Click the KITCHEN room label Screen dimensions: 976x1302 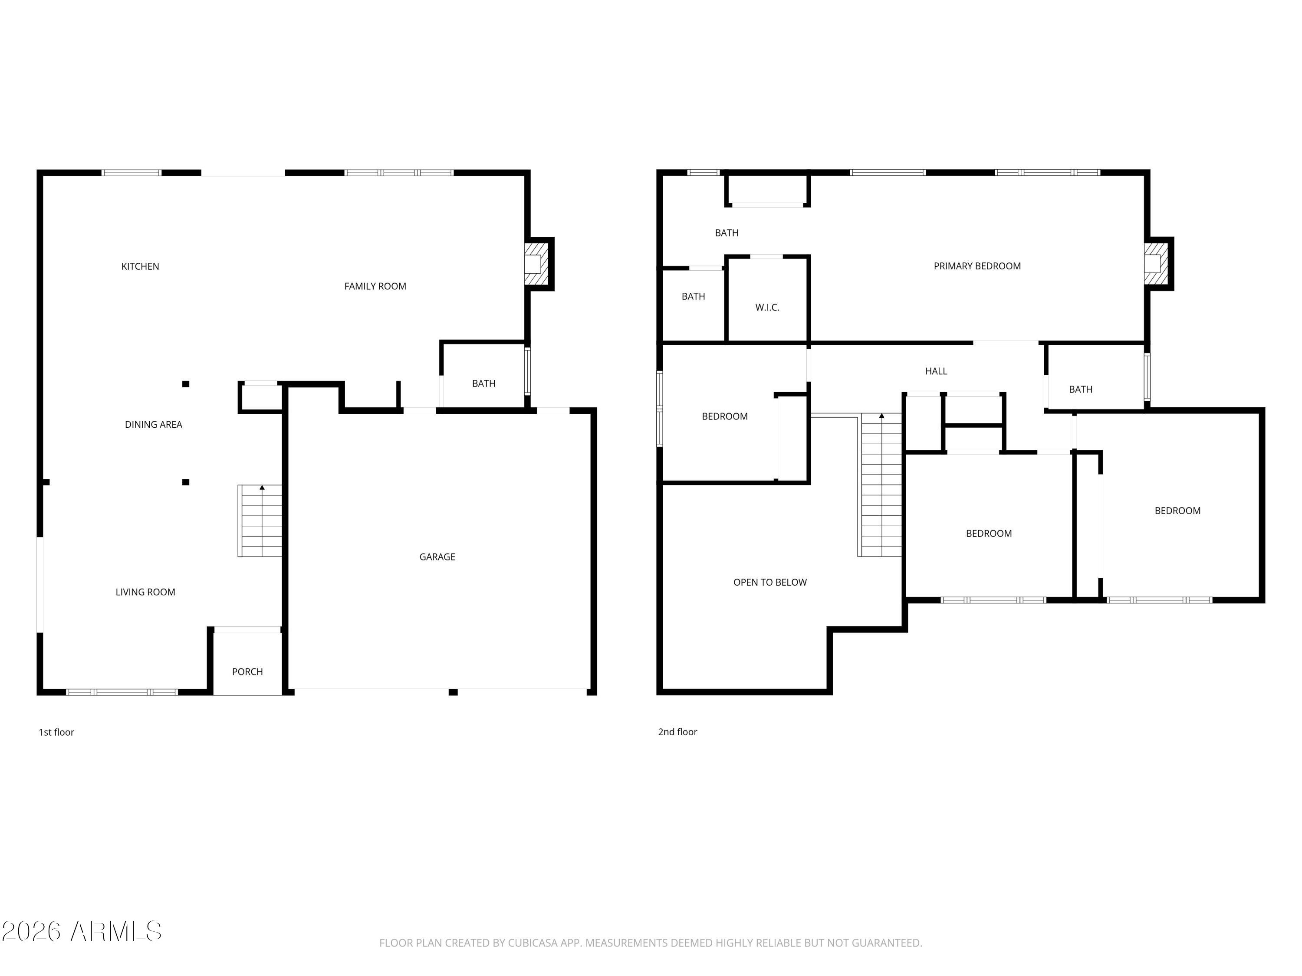tap(140, 266)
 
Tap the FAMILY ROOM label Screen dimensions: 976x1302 tap(375, 286)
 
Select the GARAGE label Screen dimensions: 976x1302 tap(437, 557)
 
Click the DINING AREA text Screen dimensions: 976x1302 tap(153, 425)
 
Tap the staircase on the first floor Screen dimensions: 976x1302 tap(260, 521)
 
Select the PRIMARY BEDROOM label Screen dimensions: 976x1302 tap(976, 266)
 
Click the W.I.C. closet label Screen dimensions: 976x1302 tap(767, 308)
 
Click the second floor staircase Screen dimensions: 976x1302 tap(881, 485)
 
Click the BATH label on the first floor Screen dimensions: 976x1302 tap(483, 383)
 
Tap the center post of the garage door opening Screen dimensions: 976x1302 tap(453, 692)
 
